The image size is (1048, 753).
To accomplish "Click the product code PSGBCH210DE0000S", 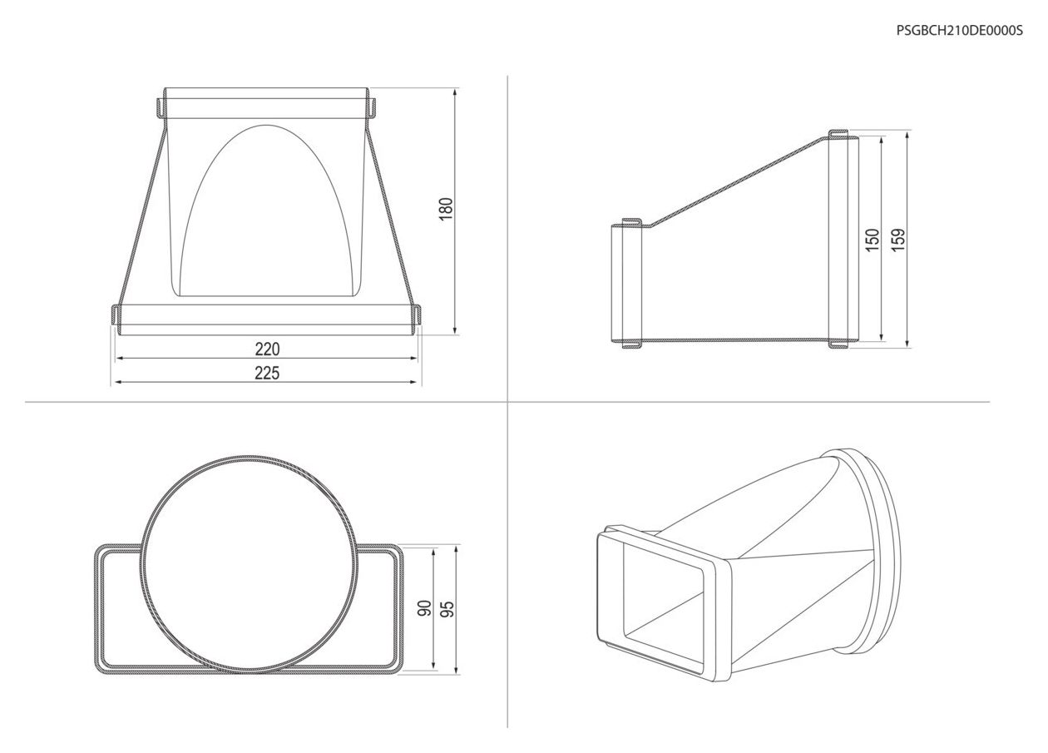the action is pyautogui.click(x=959, y=31).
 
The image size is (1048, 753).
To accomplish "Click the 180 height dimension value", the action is pyautogui.click(x=447, y=209).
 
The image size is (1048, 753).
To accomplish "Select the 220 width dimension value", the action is pyautogui.click(x=267, y=349).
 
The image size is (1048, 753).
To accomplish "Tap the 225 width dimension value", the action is pyautogui.click(x=267, y=373).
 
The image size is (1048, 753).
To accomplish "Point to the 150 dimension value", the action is pyautogui.click(x=873, y=240).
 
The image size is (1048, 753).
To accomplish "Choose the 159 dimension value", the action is pyautogui.click(x=898, y=240).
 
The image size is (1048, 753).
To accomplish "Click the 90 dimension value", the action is pyautogui.click(x=425, y=608).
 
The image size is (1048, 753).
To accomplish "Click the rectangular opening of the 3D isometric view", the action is pyautogui.click(x=664, y=602).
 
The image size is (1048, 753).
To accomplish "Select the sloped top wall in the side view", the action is pyautogui.click(x=739, y=181).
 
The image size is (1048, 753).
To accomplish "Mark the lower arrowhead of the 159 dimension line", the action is pyautogui.click(x=907, y=343).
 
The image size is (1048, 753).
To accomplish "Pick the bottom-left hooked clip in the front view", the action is pyautogui.click(x=115, y=314).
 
